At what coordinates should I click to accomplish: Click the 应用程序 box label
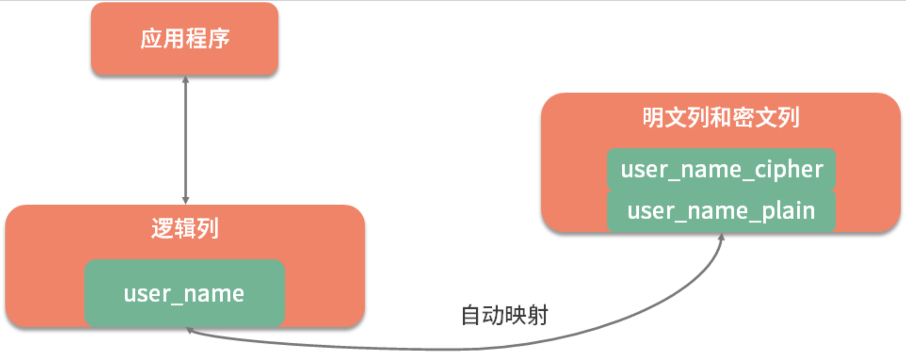(x=185, y=38)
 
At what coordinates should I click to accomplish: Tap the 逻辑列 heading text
(x=185, y=229)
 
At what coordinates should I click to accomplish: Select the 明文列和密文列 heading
(x=721, y=117)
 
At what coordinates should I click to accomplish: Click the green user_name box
(x=185, y=293)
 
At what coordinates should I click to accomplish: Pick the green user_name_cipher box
(x=721, y=169)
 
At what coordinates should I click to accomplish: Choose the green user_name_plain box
(x=721, y=211)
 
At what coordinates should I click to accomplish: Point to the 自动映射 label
(x=505, y=315)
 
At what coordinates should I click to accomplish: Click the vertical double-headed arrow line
(x=185, y=139)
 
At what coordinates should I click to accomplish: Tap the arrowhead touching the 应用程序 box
(x=185, y=79)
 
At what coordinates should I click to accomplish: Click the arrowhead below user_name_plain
(x=721, y=237)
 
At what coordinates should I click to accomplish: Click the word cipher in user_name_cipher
(x=789, y=169)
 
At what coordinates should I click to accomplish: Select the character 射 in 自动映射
(x=537, y=315)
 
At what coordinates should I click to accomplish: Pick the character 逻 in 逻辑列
(x=162, y=229)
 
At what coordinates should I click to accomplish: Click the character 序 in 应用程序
(x=218, y=38)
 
